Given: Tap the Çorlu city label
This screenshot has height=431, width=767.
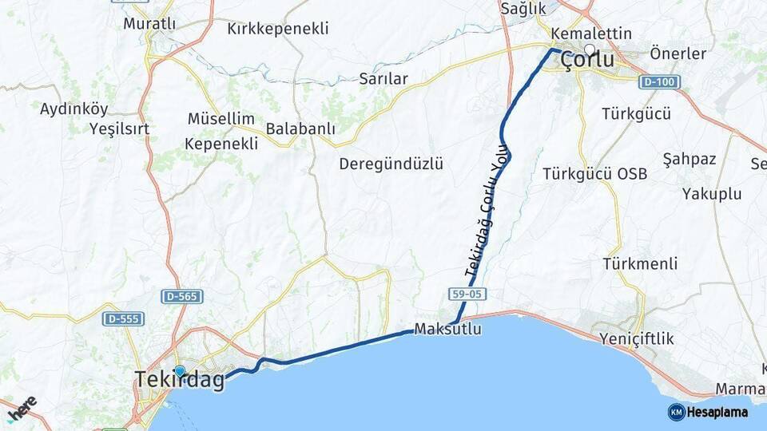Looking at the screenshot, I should (x=587, y=61).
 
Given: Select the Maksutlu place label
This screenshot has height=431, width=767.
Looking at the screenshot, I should (x=447, y=329).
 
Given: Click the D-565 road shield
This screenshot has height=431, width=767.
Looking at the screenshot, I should (x=182, y=296).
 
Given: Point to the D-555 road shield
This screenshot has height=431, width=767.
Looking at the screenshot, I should (x=123, y=318).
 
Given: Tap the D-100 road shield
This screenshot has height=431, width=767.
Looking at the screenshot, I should (x=659, y=81).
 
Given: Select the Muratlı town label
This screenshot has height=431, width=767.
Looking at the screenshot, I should (x=149, y=24).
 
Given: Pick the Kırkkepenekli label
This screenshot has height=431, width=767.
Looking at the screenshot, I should (x=277, y=29).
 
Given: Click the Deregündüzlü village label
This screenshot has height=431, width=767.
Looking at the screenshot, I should (x=391, y=164).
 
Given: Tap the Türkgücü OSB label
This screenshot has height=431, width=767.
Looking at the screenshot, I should (x=594, y=173).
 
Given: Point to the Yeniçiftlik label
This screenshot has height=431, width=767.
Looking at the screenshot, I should (x=638, y=339).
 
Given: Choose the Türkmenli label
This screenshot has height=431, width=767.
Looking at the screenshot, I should (x=640, y=263).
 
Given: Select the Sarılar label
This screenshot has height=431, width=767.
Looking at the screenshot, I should (x=383, y=78).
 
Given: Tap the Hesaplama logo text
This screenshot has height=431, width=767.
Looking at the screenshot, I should (x=717, y=412).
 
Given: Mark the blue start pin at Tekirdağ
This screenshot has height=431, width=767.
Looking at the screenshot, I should (x=180, y=371).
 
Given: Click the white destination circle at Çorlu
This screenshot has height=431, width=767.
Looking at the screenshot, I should (x=590, y=49).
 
